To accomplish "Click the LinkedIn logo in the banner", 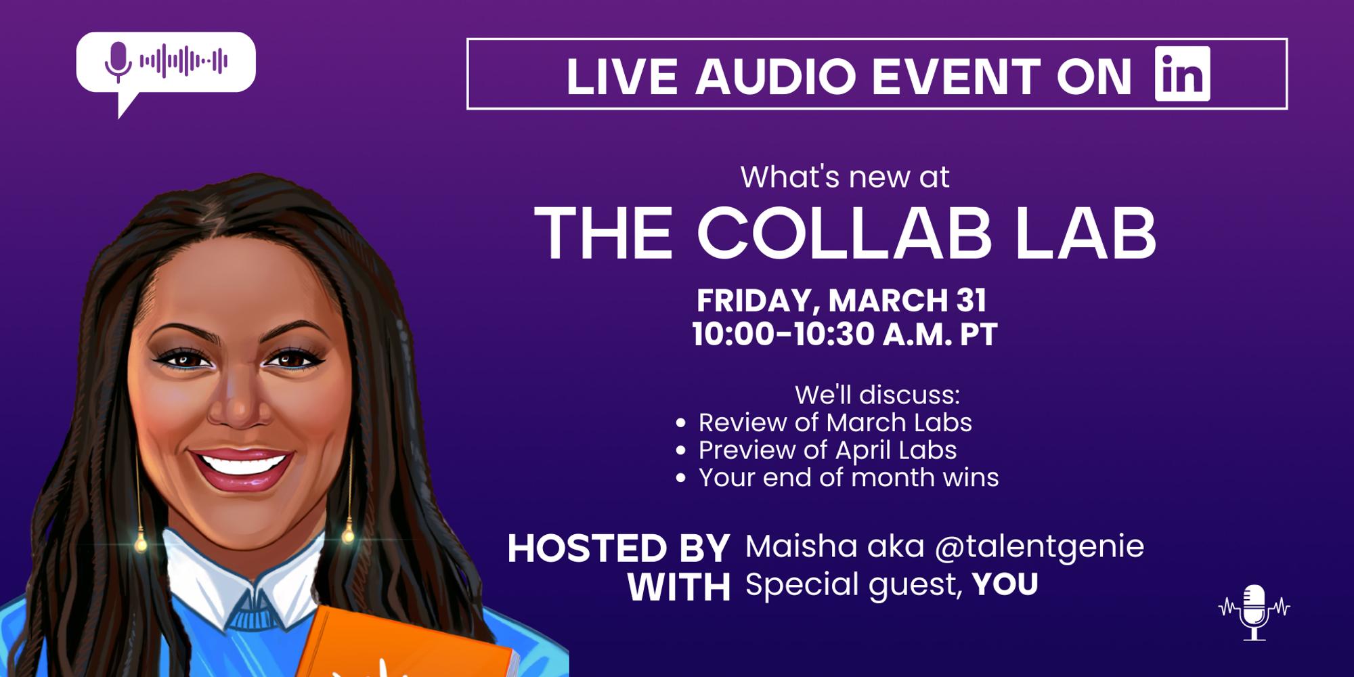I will point(1182,74).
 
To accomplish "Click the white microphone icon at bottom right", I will point(1254,612).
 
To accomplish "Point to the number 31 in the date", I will point(971,301).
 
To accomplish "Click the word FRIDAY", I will point(754,301).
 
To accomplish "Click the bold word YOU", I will point(1005,584).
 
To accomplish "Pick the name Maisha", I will point(791,546).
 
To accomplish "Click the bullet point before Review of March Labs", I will point(681,424).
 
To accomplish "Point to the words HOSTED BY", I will point(618,548).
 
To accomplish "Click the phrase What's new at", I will point(845,177).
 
